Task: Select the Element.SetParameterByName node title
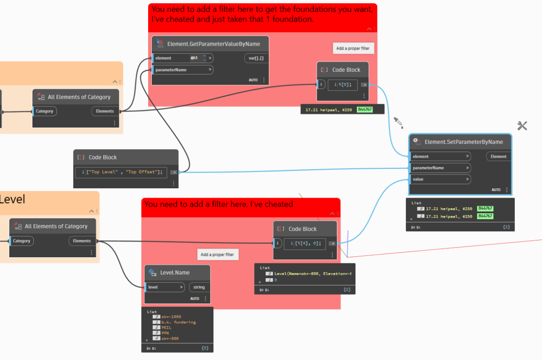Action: (463, 142)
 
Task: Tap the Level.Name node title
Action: (174, 273)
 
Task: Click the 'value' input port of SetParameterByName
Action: (440, 179)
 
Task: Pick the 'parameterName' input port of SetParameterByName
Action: (440, 168)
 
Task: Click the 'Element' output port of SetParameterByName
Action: (498, 156)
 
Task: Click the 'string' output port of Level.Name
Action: (199, 287)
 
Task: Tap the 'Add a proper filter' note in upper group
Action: (353, 48)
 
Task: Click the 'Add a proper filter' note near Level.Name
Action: (218, 254)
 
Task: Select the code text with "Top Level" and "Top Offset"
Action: (124, 172)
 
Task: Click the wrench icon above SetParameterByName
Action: (522, 125)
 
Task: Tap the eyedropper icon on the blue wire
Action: (398, 122)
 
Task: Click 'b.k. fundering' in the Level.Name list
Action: (179, 322)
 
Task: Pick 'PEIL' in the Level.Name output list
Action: (167, 328)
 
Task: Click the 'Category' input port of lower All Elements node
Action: (21, 241)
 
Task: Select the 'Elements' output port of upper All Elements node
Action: (105, 111)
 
